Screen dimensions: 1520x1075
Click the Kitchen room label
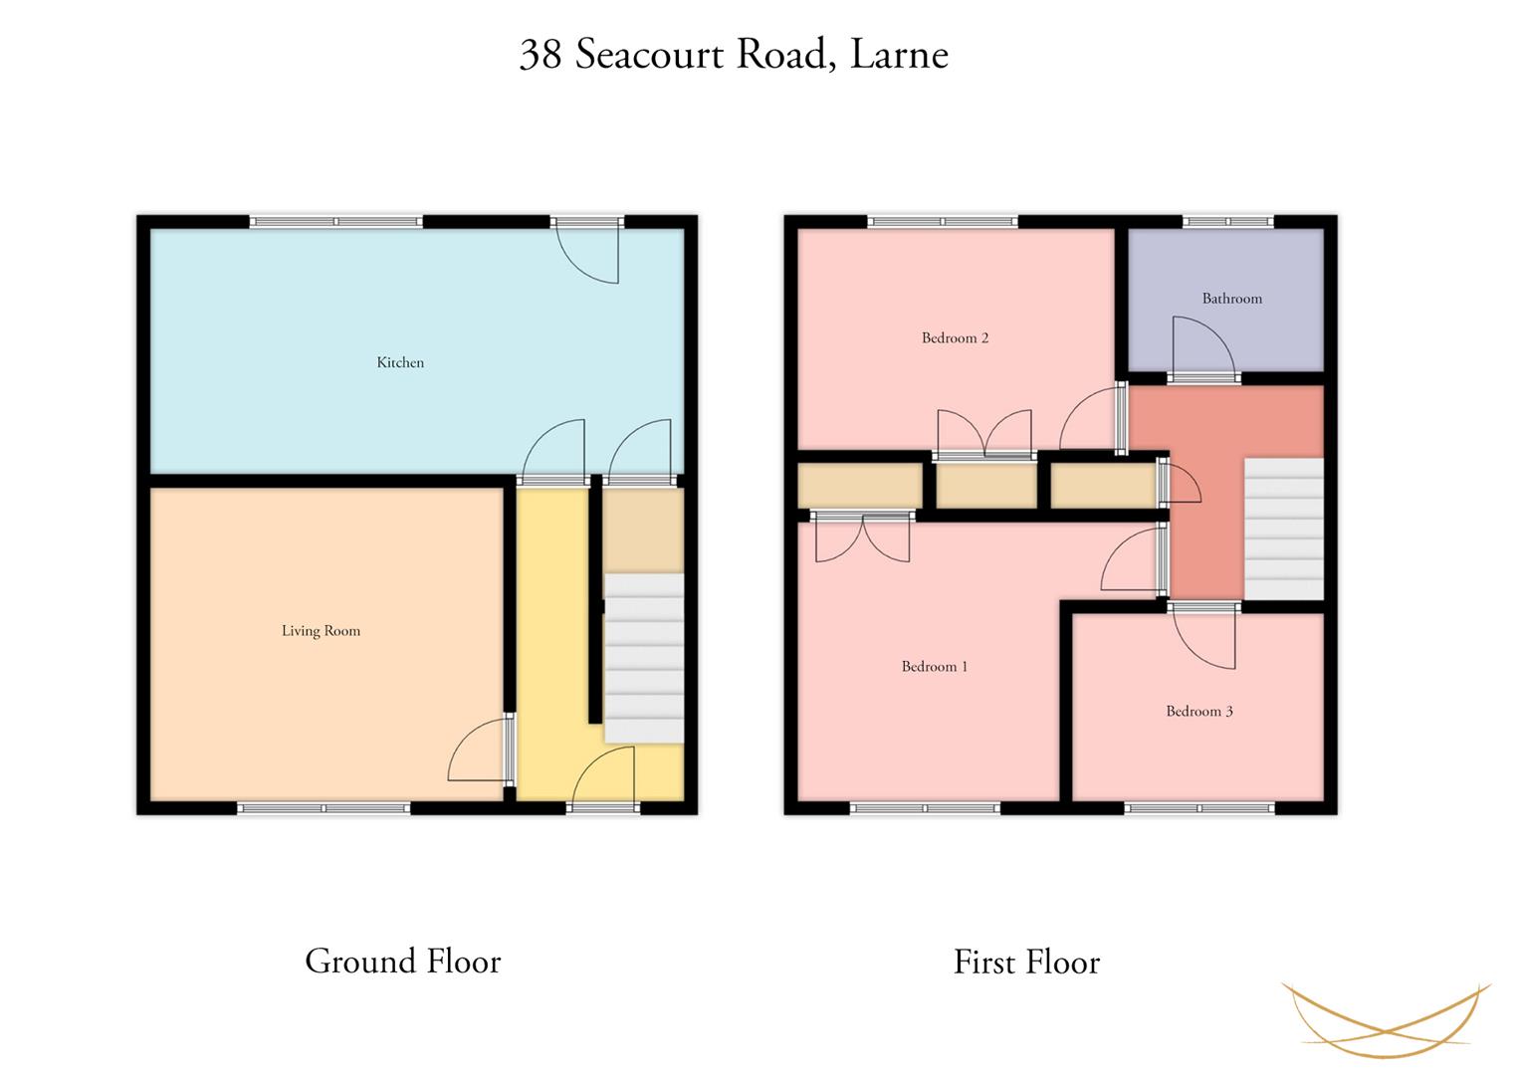pyautogui.click(x=400, y=362)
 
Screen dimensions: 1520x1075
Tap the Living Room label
pyautogui.click(x=321, y=631)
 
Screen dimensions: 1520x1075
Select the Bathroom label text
pyautogui.click(x=1232, y=299)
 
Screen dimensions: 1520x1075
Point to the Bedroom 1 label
pyautogui.click(x=935, y=667)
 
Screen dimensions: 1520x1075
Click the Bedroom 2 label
pyautogui.click(x=955, y=338)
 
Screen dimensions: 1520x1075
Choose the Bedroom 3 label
pyautogui.click(x=1199, y=712)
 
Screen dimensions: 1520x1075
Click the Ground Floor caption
pyautogui.click(x=403, y=961)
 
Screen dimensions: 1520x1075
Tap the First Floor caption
pyautogui.click(x=1026, y=963)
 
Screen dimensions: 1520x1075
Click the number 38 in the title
pyautogui.click(x=541, y=55)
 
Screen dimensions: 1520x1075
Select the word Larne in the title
pyautogui.click(x=899, y=55)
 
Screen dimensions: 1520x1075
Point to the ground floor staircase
pyautogui.click(x=644, y=658)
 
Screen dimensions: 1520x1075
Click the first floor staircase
pyautogui.click(x=1284, y=529)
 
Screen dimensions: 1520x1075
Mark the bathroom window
pyautogui.click(x=1228, y=221)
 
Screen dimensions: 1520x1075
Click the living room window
pyautogui.click(x=324, y=808)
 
